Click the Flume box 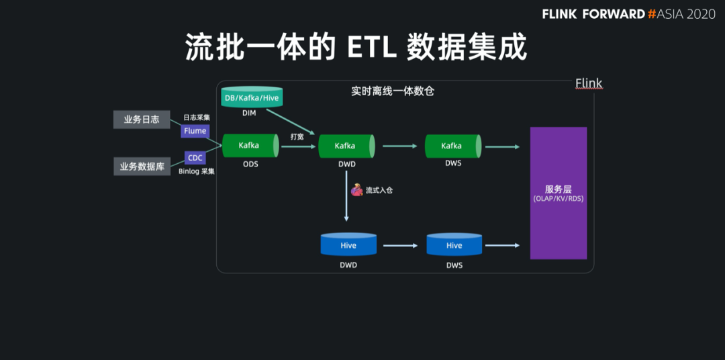tap(195, 131)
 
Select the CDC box tap(195, 158)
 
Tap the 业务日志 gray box tap(142, 120)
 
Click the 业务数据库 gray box tap(142, 167)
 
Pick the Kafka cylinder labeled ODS tap(250, 146)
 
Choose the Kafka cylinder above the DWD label tap(346, 146)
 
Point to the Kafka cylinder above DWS tap(453, 146)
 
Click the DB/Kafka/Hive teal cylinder tap(252, 97)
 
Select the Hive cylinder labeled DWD tap(348, 244)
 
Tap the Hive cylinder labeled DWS tap(454, 244)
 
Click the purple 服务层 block tap(559, 193)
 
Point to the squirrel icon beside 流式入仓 tap(356, 190)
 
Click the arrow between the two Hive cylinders tap(400, 246)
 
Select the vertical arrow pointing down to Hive tap(346, 198)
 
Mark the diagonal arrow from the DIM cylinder tap(291, 122)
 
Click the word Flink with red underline tap(589, 84)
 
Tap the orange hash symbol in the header tap(652, 14)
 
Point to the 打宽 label tap(297, 137)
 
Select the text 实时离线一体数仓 tap(393, 91)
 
